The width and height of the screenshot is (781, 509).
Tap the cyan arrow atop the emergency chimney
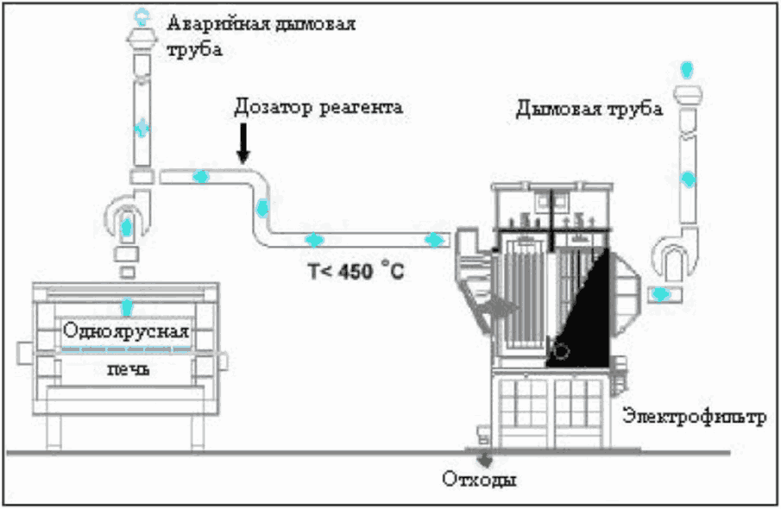142,15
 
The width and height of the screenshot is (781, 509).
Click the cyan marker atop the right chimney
687,67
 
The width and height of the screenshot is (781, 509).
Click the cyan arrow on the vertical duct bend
262,208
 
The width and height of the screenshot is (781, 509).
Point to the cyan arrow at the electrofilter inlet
434,239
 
